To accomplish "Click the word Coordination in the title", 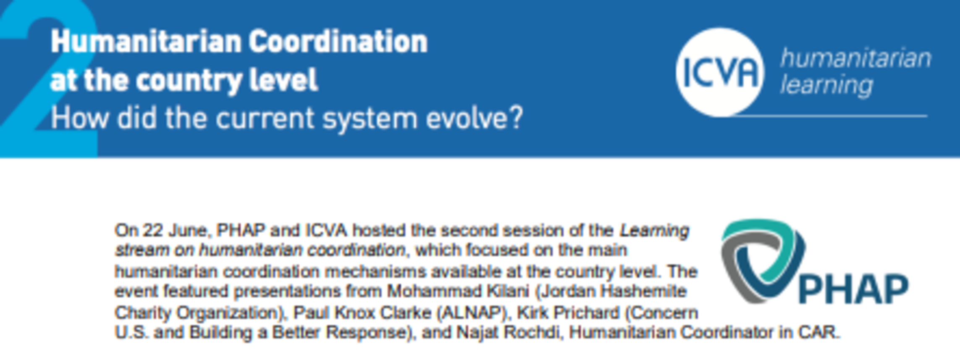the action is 338,42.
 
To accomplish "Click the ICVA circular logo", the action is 720,72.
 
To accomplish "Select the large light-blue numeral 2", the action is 49,79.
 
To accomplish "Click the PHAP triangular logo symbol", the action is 763,260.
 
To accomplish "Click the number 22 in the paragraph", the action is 153,230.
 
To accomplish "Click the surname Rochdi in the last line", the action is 531,332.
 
